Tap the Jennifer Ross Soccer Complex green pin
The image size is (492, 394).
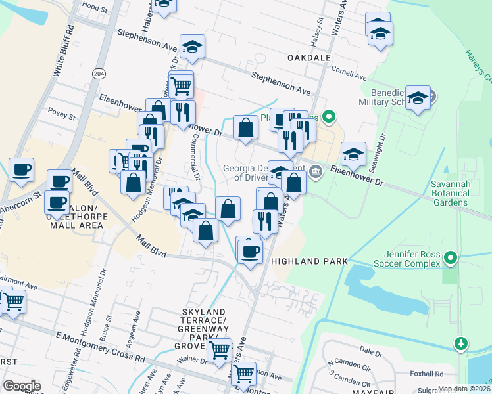click(x=451, y=257)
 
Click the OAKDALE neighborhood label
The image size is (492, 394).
click(x=308, y=58)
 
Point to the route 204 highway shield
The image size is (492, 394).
click(x=99, y=73)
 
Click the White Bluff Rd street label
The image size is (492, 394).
click(x=64, y=51)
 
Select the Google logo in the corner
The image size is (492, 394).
click(x=22, y=385)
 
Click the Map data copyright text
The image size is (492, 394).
click(x=464, y=389)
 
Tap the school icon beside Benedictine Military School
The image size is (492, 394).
click(x=418, y=98)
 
